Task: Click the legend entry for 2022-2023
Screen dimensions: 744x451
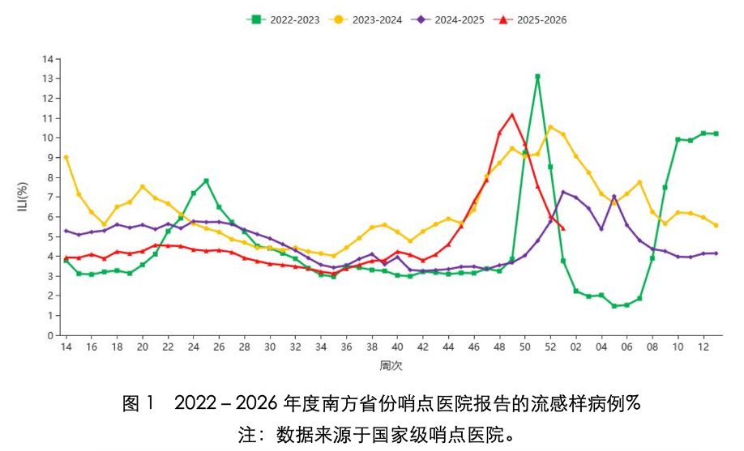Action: tap(284, 20)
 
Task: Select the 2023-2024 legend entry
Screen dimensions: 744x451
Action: tap(366, 20)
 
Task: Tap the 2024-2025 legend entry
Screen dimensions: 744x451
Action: tap(448, 20)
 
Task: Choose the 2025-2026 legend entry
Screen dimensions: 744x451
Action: tap(530, 20)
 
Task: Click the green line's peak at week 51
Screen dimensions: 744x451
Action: tap(537, 76)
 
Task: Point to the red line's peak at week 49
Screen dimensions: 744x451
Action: tap(512, 114)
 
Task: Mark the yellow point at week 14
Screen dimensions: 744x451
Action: tap(66, 157)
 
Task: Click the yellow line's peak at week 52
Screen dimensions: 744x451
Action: tap(550, 127)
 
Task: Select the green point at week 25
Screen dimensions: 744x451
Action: tap(207, 181)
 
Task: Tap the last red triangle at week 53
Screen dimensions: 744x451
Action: tap(563, 228)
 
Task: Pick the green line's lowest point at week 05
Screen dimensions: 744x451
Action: tap(614, 306)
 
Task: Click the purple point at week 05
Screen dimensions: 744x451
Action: tap(614, 196)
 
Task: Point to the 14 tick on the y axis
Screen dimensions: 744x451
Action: tap(48, 59)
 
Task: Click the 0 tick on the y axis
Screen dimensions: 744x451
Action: tap(50, 336)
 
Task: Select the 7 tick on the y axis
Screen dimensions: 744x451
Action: tap(50, 198)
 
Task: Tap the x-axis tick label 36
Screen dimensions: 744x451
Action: tap(346, 347)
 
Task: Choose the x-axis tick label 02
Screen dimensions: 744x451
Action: tap(576, 347)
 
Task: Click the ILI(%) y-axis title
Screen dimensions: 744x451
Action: tap(23, 196)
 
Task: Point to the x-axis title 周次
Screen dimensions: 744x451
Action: tap(391, 366)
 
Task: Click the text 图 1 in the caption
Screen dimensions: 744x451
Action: tap(138, 403)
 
